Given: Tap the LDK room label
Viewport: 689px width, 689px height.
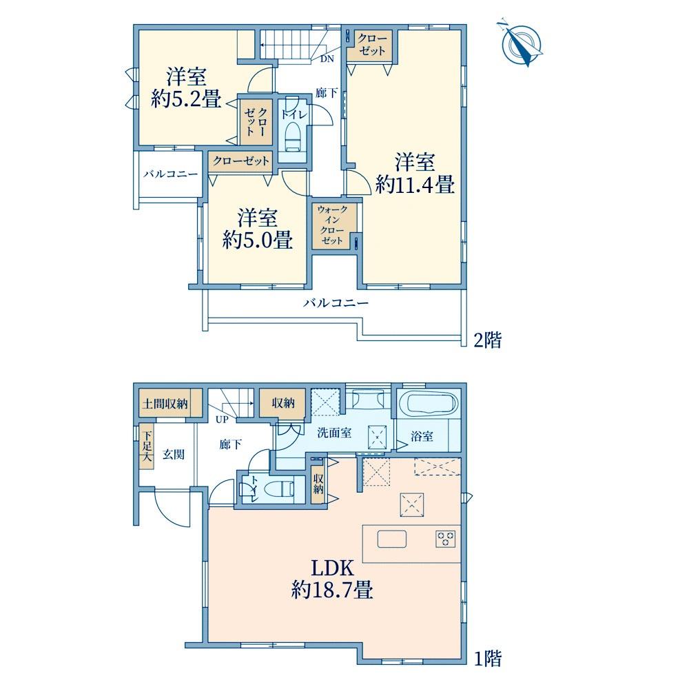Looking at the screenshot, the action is click(x=332, y=568).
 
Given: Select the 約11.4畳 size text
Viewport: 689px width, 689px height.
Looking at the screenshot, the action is click(x=415, y=185).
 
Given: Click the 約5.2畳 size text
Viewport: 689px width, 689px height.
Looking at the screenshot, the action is click(x=186, y=99).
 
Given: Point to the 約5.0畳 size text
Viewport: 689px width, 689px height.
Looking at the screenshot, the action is click(x=257, y=240).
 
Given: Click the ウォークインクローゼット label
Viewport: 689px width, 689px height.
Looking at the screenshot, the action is click(x=332, y=225).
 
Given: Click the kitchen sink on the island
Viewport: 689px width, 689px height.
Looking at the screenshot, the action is click(x=392, y=539).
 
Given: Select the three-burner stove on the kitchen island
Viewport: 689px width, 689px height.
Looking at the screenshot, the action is click(x=446, y=539).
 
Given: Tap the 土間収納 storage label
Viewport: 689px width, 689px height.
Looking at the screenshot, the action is click(x=165, y=403).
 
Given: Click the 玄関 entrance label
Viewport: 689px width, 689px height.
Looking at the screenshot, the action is click(x=174, y=454).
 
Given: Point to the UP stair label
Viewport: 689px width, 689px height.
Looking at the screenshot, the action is click(x=222, y=420).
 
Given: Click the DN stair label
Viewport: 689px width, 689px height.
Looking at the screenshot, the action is click(x=327, y=59).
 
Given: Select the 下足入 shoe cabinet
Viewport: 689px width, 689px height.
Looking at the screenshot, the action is click(x=147, y=446).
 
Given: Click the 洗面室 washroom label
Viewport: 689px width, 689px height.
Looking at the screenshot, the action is click(x=334, y=433).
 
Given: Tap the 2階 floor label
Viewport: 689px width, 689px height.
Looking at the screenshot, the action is click(x=487, y=340).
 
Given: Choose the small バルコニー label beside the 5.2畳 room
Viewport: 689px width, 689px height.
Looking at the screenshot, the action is click(x=170, y=174).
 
